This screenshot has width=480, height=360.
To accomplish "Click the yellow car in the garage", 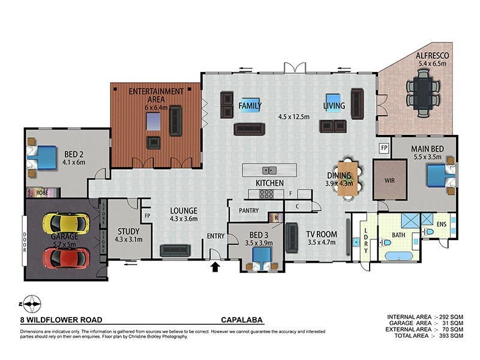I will pyautogui.click(x=65, y=223).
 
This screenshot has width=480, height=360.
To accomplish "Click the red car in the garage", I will pyautogui.click(x=66, y=257).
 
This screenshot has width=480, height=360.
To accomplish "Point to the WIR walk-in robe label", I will pyautogui.click(x=388, y=179).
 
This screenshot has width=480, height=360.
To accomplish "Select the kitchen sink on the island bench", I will pyautogui.click(x=271, y=170).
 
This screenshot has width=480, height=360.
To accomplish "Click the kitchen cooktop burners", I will pyautogui.click(x=265, y=194).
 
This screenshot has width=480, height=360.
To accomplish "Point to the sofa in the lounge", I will pyautogui.click(x=176, y=250).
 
